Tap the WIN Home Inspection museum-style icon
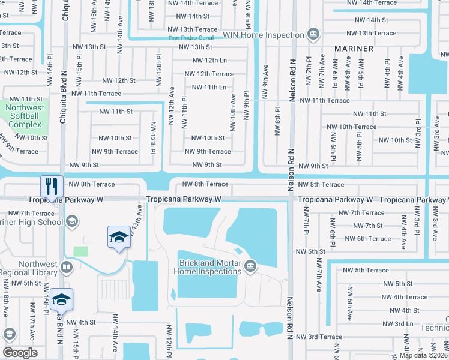point(313,34)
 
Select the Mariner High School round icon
point(71,223)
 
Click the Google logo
point(20,352)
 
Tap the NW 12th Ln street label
point(209,61)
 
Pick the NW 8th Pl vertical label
point(277,121)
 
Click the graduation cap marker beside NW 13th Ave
point(119,237)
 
